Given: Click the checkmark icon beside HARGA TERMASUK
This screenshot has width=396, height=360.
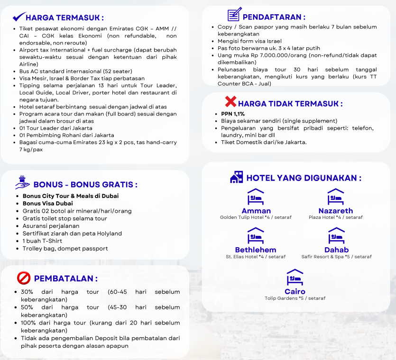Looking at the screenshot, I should tap(19, 17).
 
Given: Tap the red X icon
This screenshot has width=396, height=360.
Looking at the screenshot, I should tap(230, 101).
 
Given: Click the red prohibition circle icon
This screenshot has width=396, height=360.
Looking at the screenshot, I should tap(23, 278).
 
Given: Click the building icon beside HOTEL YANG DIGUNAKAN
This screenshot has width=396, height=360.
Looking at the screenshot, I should tap(236, 178).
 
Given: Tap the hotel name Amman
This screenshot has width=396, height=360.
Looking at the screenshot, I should tap(256, 211).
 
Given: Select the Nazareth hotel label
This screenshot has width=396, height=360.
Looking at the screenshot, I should tap(335, 211).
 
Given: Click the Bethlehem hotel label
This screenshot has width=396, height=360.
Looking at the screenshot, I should tap(256, 250).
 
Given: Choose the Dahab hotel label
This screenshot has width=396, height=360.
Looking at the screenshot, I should tap(336, 250).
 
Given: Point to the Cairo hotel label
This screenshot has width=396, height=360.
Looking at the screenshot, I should tap(295, 291).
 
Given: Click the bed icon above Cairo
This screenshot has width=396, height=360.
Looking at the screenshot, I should tap(295, 277).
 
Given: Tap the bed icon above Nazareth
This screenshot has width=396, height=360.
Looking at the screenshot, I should tap(335, 197).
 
